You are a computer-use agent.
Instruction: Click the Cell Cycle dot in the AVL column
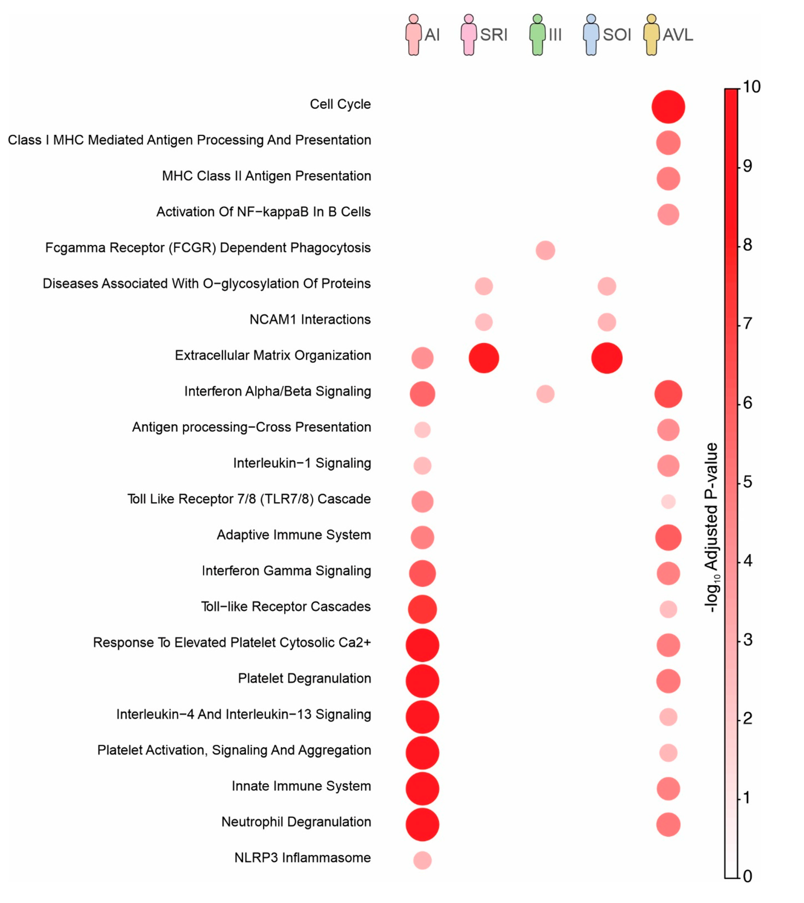[x=668, y=107]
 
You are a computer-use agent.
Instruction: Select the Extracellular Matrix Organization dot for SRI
[x=484, y=358]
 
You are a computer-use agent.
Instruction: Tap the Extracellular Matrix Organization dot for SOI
[x=606, y=358]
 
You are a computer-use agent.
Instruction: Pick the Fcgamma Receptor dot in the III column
[x=545, y=250]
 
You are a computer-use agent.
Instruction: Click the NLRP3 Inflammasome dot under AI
[x=422, y=860]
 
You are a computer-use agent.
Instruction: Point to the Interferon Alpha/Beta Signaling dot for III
[x=545, y=394]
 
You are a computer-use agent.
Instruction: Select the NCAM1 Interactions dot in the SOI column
[x=606, y=322]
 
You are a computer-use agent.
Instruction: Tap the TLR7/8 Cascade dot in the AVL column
[x=668, y=502]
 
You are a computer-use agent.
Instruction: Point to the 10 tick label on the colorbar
[x=751, y=87]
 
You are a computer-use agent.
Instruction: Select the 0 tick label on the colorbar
[x=748, y=876]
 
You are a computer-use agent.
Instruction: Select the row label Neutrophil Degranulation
[x=296, y=822]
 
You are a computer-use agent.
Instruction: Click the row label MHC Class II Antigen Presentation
[x=266, y=176]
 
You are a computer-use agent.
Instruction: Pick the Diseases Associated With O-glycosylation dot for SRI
[x=484, y=286]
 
